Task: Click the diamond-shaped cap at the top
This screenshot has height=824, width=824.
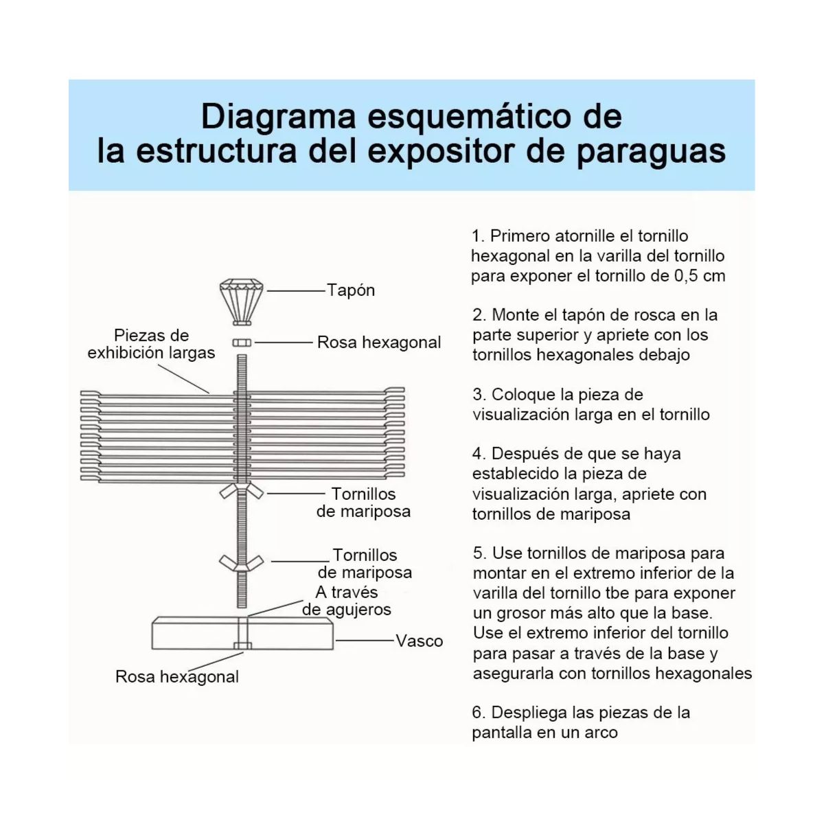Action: [x=241, y=300]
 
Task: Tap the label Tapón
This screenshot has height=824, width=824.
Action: [x=351, y=290]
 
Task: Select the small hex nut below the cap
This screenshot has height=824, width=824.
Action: [x=242, y=342]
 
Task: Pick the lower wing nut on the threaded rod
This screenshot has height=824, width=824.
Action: [x=242, y=562]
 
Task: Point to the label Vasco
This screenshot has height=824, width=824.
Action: [x=419, y=641]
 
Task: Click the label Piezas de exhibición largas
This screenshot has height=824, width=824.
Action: [x=151, y=344]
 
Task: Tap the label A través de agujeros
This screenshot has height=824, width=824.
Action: [x=347, y=601]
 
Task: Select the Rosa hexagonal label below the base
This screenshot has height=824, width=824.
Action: [x=177, y=676]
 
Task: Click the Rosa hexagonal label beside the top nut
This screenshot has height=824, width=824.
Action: [x=379, y=342]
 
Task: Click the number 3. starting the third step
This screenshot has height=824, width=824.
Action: [x=479, y=395]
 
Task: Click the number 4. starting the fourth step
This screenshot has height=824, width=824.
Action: [x=479, y=454]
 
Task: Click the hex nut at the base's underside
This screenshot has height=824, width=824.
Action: [x=242, y=645]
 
